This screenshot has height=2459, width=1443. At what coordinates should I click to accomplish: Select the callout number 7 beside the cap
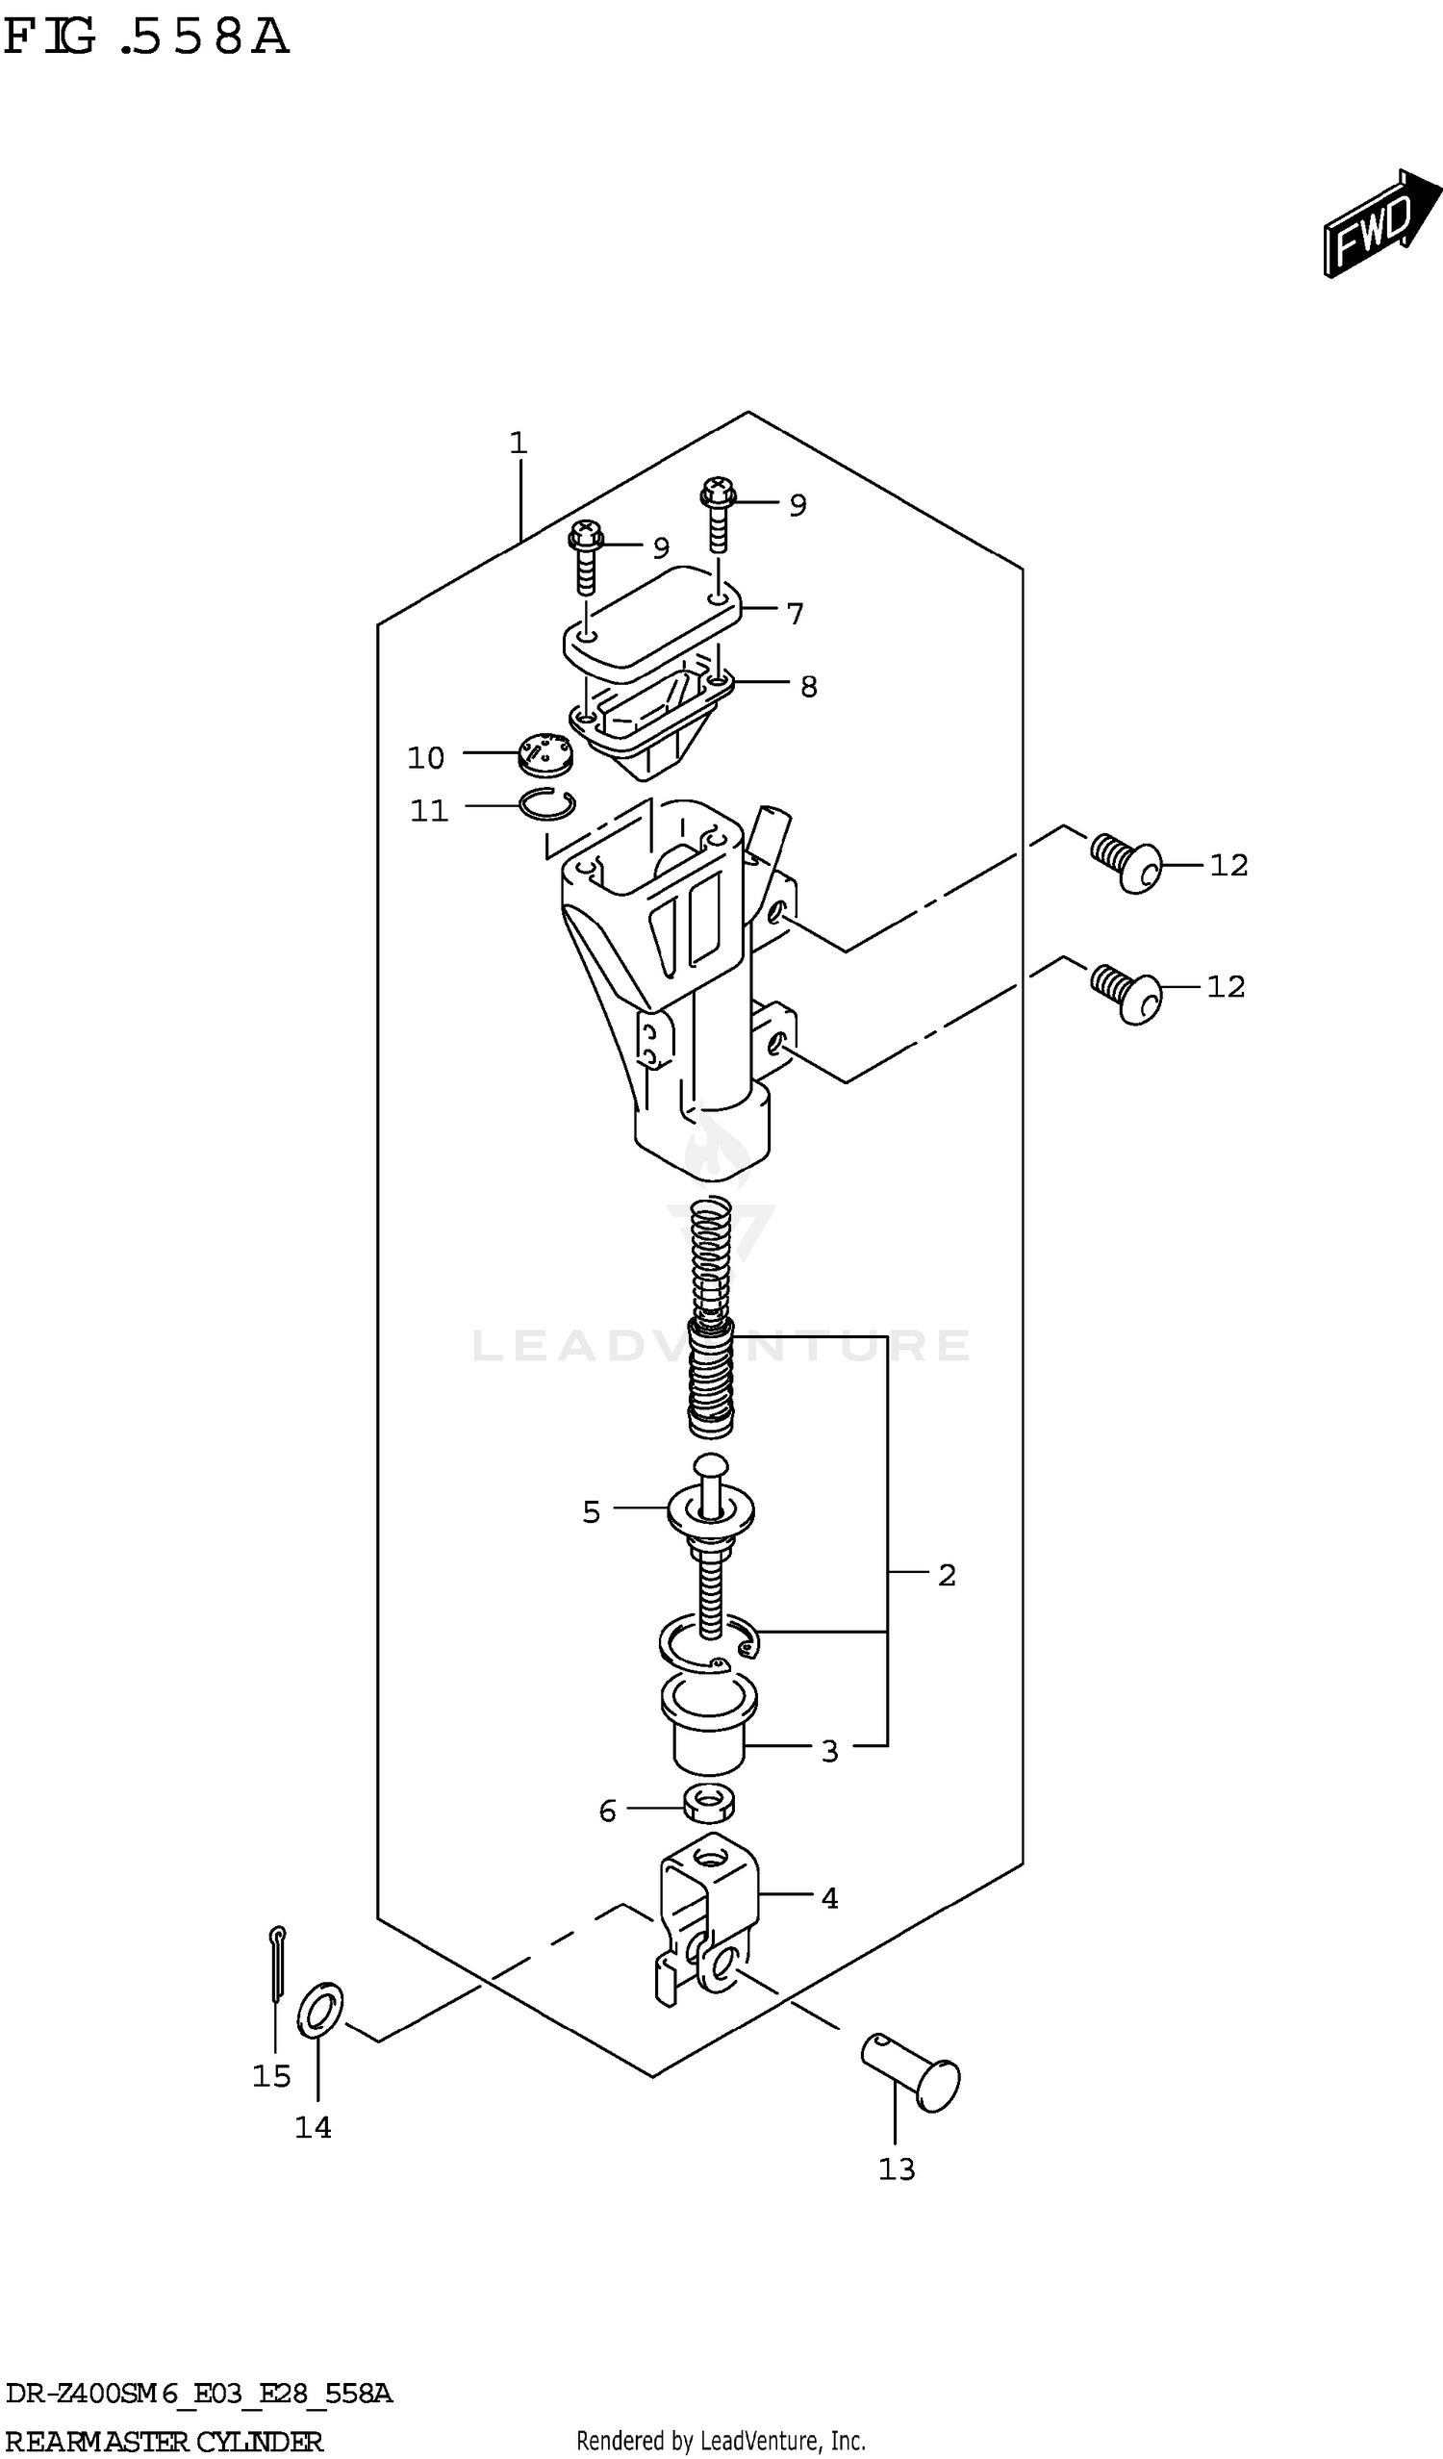[796, 614]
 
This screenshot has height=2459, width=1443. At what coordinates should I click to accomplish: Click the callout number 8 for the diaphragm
[808, 687]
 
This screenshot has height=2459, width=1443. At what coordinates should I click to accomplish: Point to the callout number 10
[425, 757]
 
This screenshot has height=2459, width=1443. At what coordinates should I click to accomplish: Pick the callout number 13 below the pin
[897, 2169]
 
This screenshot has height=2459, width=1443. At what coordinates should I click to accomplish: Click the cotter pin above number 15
[277, 1964]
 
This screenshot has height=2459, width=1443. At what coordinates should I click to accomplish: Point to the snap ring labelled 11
[546, 804]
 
